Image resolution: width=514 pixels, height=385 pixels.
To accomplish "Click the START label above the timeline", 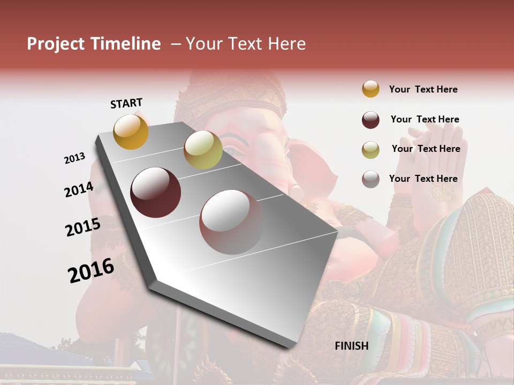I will (126, 103).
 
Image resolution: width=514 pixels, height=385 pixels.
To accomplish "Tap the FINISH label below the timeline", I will (352, 346).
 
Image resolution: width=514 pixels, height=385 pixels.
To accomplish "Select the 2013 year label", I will (74, 158).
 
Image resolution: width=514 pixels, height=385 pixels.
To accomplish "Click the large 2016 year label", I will (91, 271).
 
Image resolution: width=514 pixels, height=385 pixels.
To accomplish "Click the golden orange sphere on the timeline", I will (131, 132).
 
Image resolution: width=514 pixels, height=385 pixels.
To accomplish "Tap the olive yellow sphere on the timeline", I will (203, 150).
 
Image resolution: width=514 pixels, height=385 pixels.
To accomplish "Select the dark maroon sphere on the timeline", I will (156, 192).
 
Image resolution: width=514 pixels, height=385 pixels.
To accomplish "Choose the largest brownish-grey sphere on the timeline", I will (232, 222).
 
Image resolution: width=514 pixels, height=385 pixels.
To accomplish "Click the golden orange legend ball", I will (371, 89).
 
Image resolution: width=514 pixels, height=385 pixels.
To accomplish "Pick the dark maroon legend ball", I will (371, 120).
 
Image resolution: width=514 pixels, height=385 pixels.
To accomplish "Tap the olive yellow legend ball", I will (371, 150).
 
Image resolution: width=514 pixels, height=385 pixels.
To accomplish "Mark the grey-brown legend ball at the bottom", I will (371, 179).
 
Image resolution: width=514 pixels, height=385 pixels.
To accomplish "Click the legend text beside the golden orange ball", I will (423, 89).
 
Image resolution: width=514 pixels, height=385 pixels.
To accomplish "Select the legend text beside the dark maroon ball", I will (425, 119).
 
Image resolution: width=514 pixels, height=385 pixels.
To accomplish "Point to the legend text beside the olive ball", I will (426, 149).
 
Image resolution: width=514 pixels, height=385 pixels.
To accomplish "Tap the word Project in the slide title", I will (56, 44).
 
